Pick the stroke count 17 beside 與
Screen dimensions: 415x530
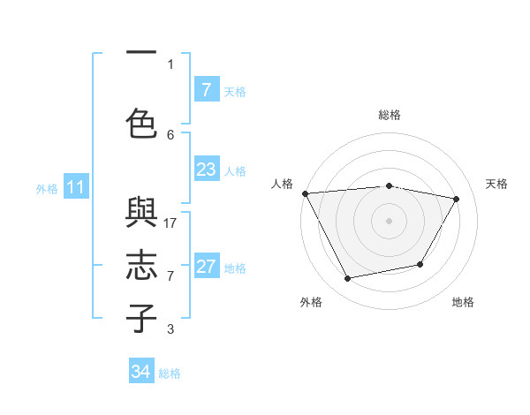tap(171, 223)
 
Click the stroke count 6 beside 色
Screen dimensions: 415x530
tap(171, 134)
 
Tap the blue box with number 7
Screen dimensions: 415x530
tap(206, 90)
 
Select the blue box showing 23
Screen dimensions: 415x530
tap(206, 170)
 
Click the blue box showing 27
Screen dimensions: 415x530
tap(206, 267)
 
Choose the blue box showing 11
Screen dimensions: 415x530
tap(76, 187)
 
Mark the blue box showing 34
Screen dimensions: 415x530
tap(141, 372)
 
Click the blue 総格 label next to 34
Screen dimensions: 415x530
tap(170, 373)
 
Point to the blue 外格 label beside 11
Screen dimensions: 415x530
tap(47, 188)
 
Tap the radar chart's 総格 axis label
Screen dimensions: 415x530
tap(390, 115)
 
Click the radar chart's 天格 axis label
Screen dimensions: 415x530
tap(497, 184)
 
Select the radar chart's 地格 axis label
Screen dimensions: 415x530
tap(463, 302)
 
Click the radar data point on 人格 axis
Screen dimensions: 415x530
tap(305, 193)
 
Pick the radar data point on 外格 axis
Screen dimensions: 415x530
tap(348, 279)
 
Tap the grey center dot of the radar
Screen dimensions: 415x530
tap(390, 220)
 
